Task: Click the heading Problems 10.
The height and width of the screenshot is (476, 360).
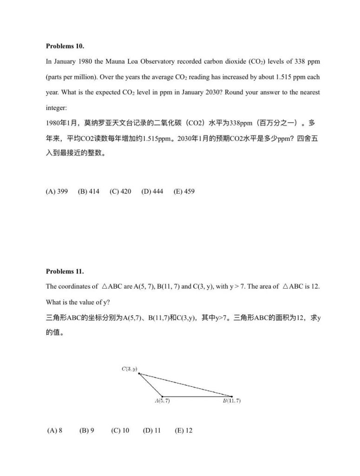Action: tap(65, 46)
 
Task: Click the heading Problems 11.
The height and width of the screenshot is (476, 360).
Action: tap(65, 271)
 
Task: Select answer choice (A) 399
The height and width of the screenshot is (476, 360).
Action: tap(57, 192)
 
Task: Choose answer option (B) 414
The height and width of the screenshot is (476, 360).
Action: tap(88, 192)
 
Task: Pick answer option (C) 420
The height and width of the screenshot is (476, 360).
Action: tap(120, 192)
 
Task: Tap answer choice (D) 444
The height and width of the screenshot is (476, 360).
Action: tap(152, 192)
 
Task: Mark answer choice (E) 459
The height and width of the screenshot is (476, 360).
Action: tap(184, 192)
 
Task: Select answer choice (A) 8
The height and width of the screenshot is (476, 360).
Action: tap(55, 430)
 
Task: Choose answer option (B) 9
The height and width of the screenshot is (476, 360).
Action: tap(87, 430)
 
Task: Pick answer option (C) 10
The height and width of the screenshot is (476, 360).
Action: tap(120, 430)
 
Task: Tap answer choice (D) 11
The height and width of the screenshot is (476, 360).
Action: tap(152, 430)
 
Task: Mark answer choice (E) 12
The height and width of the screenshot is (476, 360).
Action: tap(183, 430)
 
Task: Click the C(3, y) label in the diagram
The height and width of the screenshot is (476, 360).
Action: tap(129, 369)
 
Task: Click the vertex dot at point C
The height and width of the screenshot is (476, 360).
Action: tap(139, 374)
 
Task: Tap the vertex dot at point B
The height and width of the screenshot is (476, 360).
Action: tap(232, 397)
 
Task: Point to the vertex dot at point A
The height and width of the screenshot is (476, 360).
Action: tap(162, 397)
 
